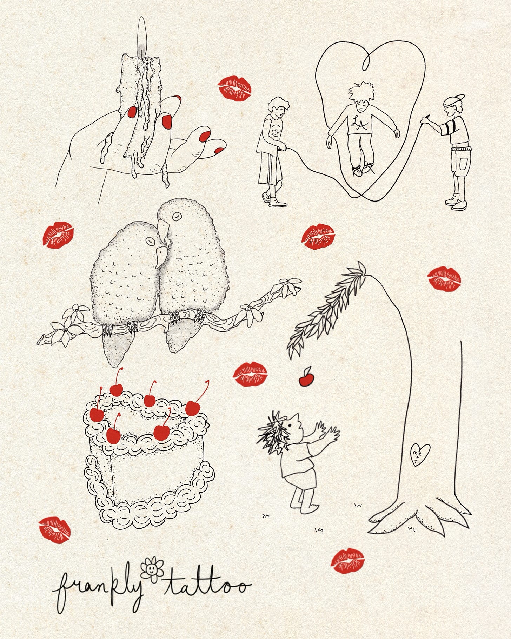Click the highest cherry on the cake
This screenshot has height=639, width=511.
coord(117,388)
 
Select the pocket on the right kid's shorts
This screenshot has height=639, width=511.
coord(464,164)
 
